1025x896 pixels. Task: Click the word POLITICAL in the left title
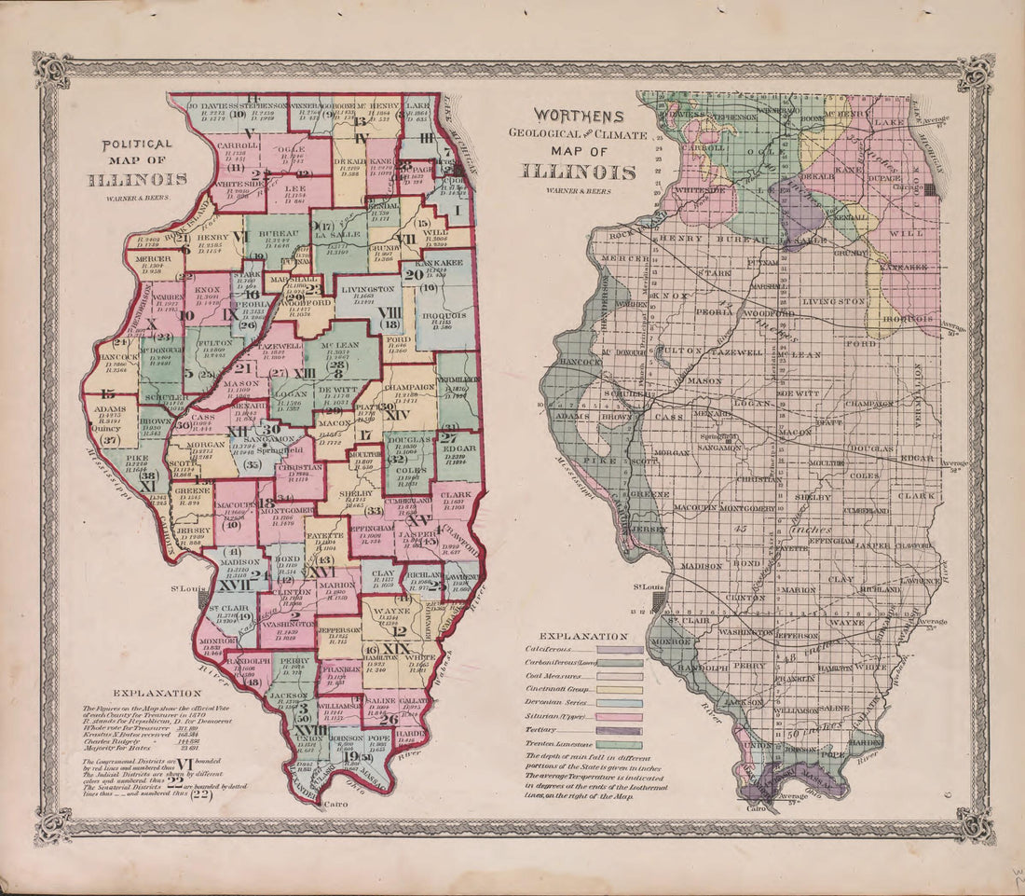[137, 145]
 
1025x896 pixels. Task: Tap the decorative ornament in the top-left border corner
[51, 70]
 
